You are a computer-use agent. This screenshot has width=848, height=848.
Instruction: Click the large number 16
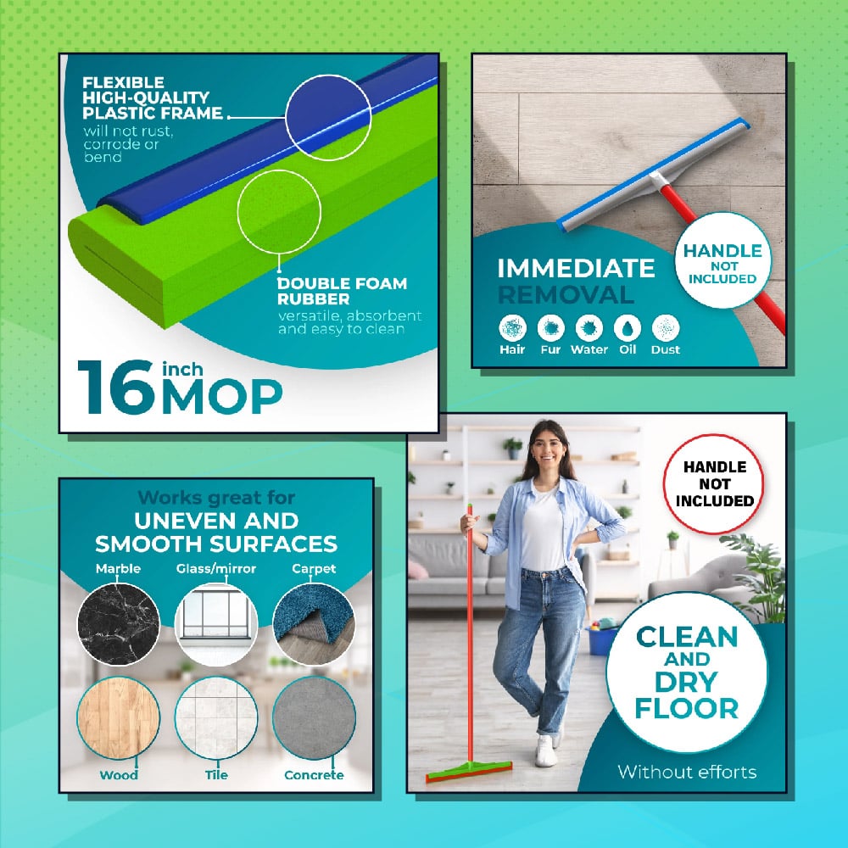pos(117,388)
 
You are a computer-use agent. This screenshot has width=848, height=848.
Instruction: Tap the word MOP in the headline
pos(222,396)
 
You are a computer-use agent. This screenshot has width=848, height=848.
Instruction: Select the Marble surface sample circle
pos(119,624)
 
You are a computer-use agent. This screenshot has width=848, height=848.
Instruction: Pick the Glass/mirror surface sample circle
pos(216,624)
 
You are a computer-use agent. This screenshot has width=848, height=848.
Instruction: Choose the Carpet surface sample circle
pos(314,624)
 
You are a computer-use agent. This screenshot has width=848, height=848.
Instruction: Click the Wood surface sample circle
pos(119,717)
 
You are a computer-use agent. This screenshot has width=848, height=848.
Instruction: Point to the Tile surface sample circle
pos(216,717)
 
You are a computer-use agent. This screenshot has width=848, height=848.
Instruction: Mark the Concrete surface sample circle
pos(314,717)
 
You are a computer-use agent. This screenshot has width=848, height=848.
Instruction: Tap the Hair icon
pos(512,327)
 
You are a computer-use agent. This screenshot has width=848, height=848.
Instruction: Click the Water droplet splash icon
pos(589,327)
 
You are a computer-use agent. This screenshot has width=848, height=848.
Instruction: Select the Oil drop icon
pos(628,327)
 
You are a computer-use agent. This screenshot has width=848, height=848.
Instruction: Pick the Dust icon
pos(666,327)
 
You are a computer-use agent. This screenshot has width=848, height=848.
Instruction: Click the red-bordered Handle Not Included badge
pos(714,484)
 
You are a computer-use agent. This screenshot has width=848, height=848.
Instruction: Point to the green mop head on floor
pos(469,771)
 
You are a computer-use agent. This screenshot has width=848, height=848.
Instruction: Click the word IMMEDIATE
pos(576,268)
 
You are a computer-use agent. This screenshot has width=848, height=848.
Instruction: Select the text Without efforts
pos(687,772)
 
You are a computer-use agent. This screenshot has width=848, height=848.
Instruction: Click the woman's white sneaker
pos(545,750)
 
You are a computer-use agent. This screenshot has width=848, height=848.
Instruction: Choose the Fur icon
pos(550,327)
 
